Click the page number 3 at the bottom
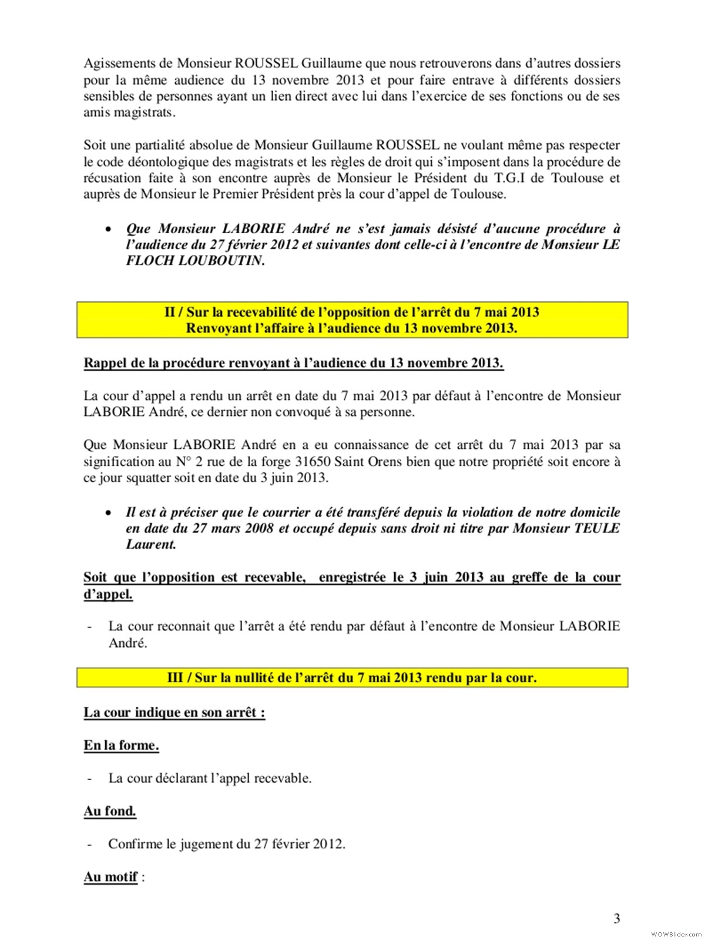coord(616,918)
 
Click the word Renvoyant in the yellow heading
coord(217,328)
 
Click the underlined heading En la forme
coord(121,746)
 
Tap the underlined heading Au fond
coord(110,811)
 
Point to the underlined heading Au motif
coord(111,877)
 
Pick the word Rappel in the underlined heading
coord(105,362)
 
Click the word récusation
coord(112,178)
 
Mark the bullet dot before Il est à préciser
coord(108,513)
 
